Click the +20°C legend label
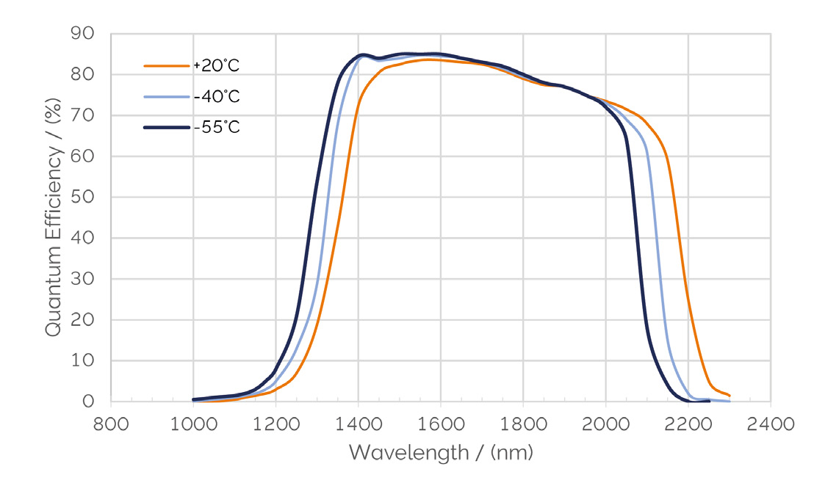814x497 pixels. [217, 66]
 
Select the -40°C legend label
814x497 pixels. [217, 97]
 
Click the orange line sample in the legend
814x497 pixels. [168, 66]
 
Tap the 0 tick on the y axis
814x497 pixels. [88, 402]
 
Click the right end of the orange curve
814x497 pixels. [729, 396]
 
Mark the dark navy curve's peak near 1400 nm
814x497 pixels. [361, 55]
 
